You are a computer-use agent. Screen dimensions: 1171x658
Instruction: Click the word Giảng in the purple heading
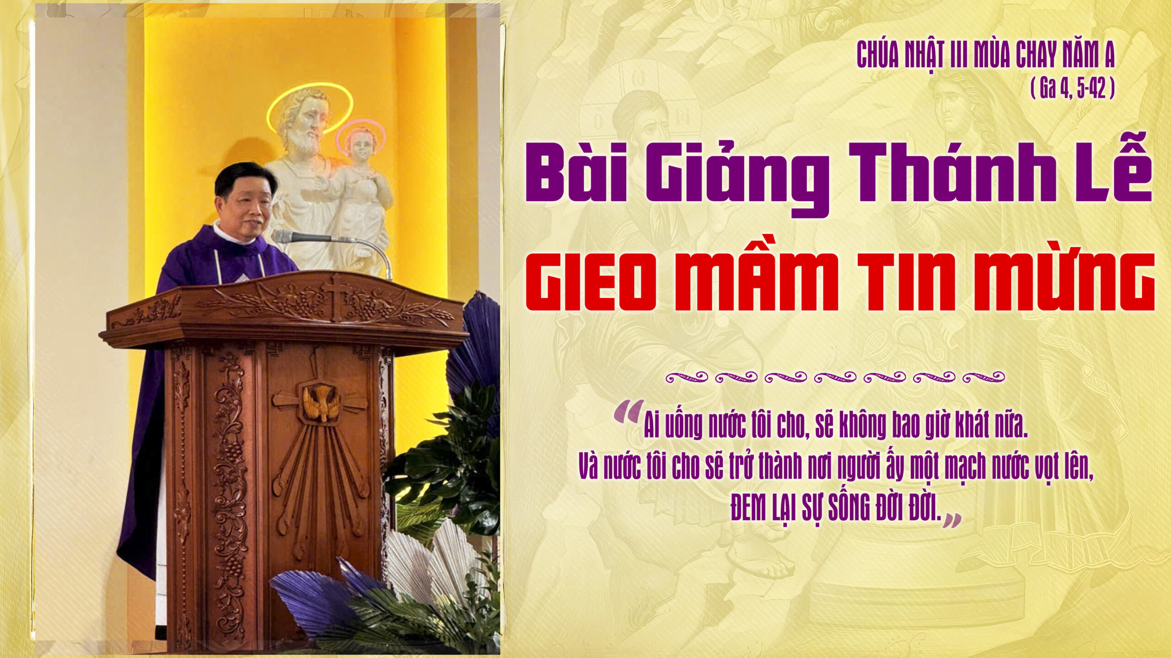tap(737, 178)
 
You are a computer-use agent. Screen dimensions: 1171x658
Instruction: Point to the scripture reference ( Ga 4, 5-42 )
tap(1073, 89)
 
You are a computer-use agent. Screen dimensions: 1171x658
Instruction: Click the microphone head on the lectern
tap(283, 236)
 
